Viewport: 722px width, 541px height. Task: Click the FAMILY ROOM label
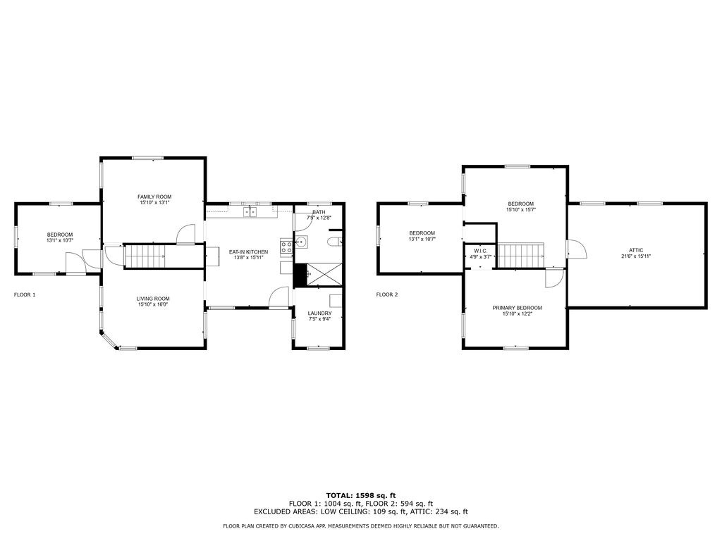pyautogui.click(x=154, y=197)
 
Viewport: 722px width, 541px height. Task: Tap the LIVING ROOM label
pyautogui.click(x=153, y=299)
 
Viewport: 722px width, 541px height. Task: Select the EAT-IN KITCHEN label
pyautogui.click(x=248, y=251)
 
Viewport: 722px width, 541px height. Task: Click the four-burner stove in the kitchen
pyautogui.click(x=286, y=247)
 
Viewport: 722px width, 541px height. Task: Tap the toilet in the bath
pyautogui.click(x=335, y=242)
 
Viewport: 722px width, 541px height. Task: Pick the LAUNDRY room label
pyautogui.click(x=319, y=313)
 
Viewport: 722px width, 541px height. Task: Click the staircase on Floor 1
pyautogui.click(x=147, y=256)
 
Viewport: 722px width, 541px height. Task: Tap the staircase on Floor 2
pyautogui.click(x=520, y=256)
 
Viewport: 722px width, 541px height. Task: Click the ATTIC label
pyautogui.click(x=636, y=250)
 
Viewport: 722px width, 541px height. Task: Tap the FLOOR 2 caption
pyautogui.click(x=387, y=294)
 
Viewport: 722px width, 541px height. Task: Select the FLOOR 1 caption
pyautogui.click(x=25, y=294)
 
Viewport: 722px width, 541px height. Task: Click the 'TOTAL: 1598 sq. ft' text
pyautogui.click(x=360, y=495)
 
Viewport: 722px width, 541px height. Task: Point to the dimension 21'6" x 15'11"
pyautogui.click(x=636, y=256)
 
